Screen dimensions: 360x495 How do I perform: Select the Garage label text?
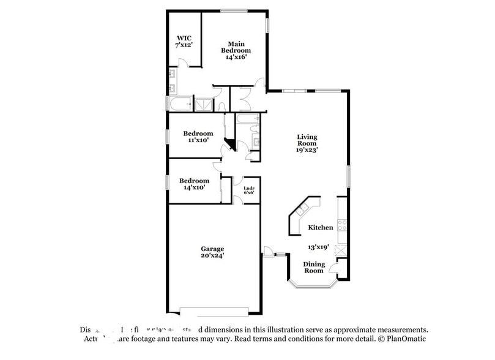click(212, 249)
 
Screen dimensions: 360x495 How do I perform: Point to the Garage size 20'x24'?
click(212, 256)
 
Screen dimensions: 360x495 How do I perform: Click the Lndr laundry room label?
click(248, 188)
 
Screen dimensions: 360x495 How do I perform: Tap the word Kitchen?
click(320, 227)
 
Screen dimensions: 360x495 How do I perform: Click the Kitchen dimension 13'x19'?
click(319, 247)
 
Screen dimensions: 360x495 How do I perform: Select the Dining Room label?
click(314, 268)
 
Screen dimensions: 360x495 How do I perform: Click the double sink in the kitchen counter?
click(302, 211)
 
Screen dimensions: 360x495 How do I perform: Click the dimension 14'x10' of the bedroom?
click(193, 188)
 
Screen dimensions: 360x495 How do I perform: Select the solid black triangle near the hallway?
click(230, 144)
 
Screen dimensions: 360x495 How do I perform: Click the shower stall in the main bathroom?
click(203, 105)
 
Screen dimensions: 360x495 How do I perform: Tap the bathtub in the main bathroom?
click(181, 104)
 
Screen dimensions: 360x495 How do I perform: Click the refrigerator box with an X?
click(341, 249)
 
